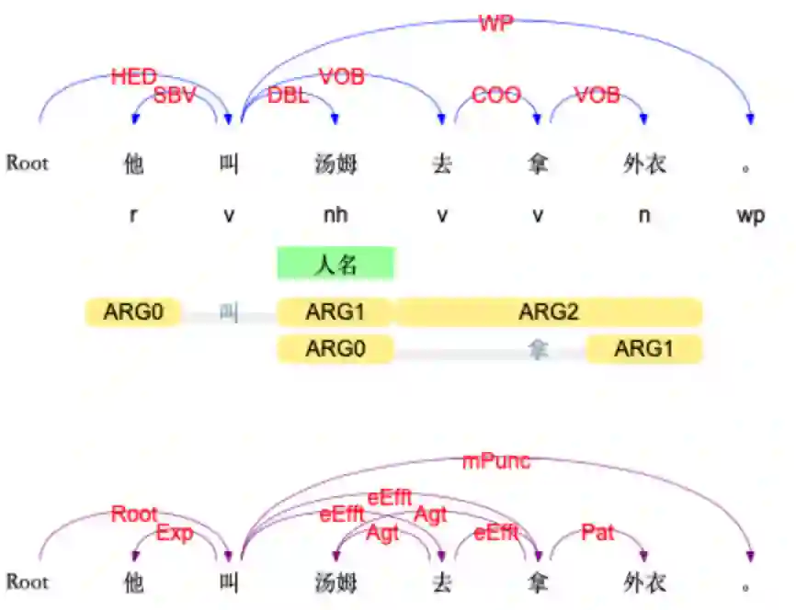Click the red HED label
(134, 77)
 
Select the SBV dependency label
(175, 95)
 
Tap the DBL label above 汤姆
(288, 95)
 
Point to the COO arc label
(496, 95)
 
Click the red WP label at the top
(495, 24)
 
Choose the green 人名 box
(335, 265)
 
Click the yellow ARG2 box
(549, 312)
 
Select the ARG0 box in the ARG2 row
(335, 349)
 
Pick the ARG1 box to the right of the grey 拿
(644, 349)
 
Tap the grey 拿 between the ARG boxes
(539, 349)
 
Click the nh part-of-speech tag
(335, 217)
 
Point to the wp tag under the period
(750, 217)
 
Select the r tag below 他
(134, 217)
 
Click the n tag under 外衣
(644, 217)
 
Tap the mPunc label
(495, 461)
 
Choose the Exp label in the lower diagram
(175, 533)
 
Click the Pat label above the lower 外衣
(598, 533)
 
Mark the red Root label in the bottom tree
(134, 514)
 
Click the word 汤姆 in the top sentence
(335, 165)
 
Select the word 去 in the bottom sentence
(442, 582)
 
